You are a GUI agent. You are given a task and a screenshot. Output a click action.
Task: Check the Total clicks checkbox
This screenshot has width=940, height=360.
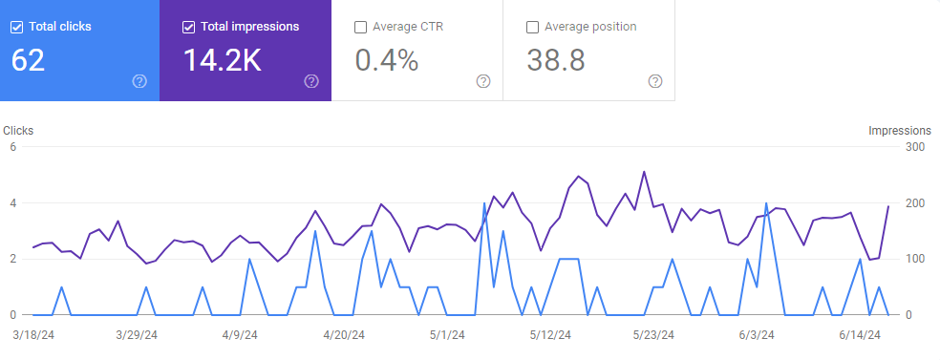coord(17,27)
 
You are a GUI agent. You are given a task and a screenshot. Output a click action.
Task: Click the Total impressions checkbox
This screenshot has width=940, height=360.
coord(188,27)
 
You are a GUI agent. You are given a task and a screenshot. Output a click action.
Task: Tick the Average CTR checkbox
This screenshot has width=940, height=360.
coord(360,27)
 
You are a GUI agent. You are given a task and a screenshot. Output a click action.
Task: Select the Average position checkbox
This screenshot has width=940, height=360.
coord(532,27)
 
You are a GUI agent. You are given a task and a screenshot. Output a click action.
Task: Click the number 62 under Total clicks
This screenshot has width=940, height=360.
coord(28,60)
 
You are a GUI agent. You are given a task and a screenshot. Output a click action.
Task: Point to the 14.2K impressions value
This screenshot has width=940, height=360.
coord(222,60)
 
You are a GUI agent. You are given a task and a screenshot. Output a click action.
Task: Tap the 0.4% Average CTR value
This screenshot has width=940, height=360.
coord(386,60)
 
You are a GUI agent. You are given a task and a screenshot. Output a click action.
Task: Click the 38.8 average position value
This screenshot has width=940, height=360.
coord(556,60)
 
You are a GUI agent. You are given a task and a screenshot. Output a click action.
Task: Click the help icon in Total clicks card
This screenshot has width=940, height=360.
coord(139,81)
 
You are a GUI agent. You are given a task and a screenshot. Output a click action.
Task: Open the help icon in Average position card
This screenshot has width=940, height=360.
coord(655,81)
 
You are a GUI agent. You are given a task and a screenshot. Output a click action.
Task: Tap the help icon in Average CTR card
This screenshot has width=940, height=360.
coord(483,81)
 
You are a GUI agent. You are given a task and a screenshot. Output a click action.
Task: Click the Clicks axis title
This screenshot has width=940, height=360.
coord(18,131)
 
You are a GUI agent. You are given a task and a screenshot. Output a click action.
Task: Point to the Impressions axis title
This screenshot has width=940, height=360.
coord(900,131)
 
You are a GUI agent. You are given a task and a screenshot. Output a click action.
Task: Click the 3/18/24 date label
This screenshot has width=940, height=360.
coord(33,335)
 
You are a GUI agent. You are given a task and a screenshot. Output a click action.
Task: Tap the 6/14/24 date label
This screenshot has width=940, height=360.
coord(859,335)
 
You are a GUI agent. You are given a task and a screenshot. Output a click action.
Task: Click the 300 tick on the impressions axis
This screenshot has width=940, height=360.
coord(914,147)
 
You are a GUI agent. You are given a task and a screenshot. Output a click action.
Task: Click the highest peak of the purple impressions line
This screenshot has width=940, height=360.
coord(644,172)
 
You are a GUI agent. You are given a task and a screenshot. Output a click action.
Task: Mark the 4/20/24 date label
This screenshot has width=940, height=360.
coord(345,335)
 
